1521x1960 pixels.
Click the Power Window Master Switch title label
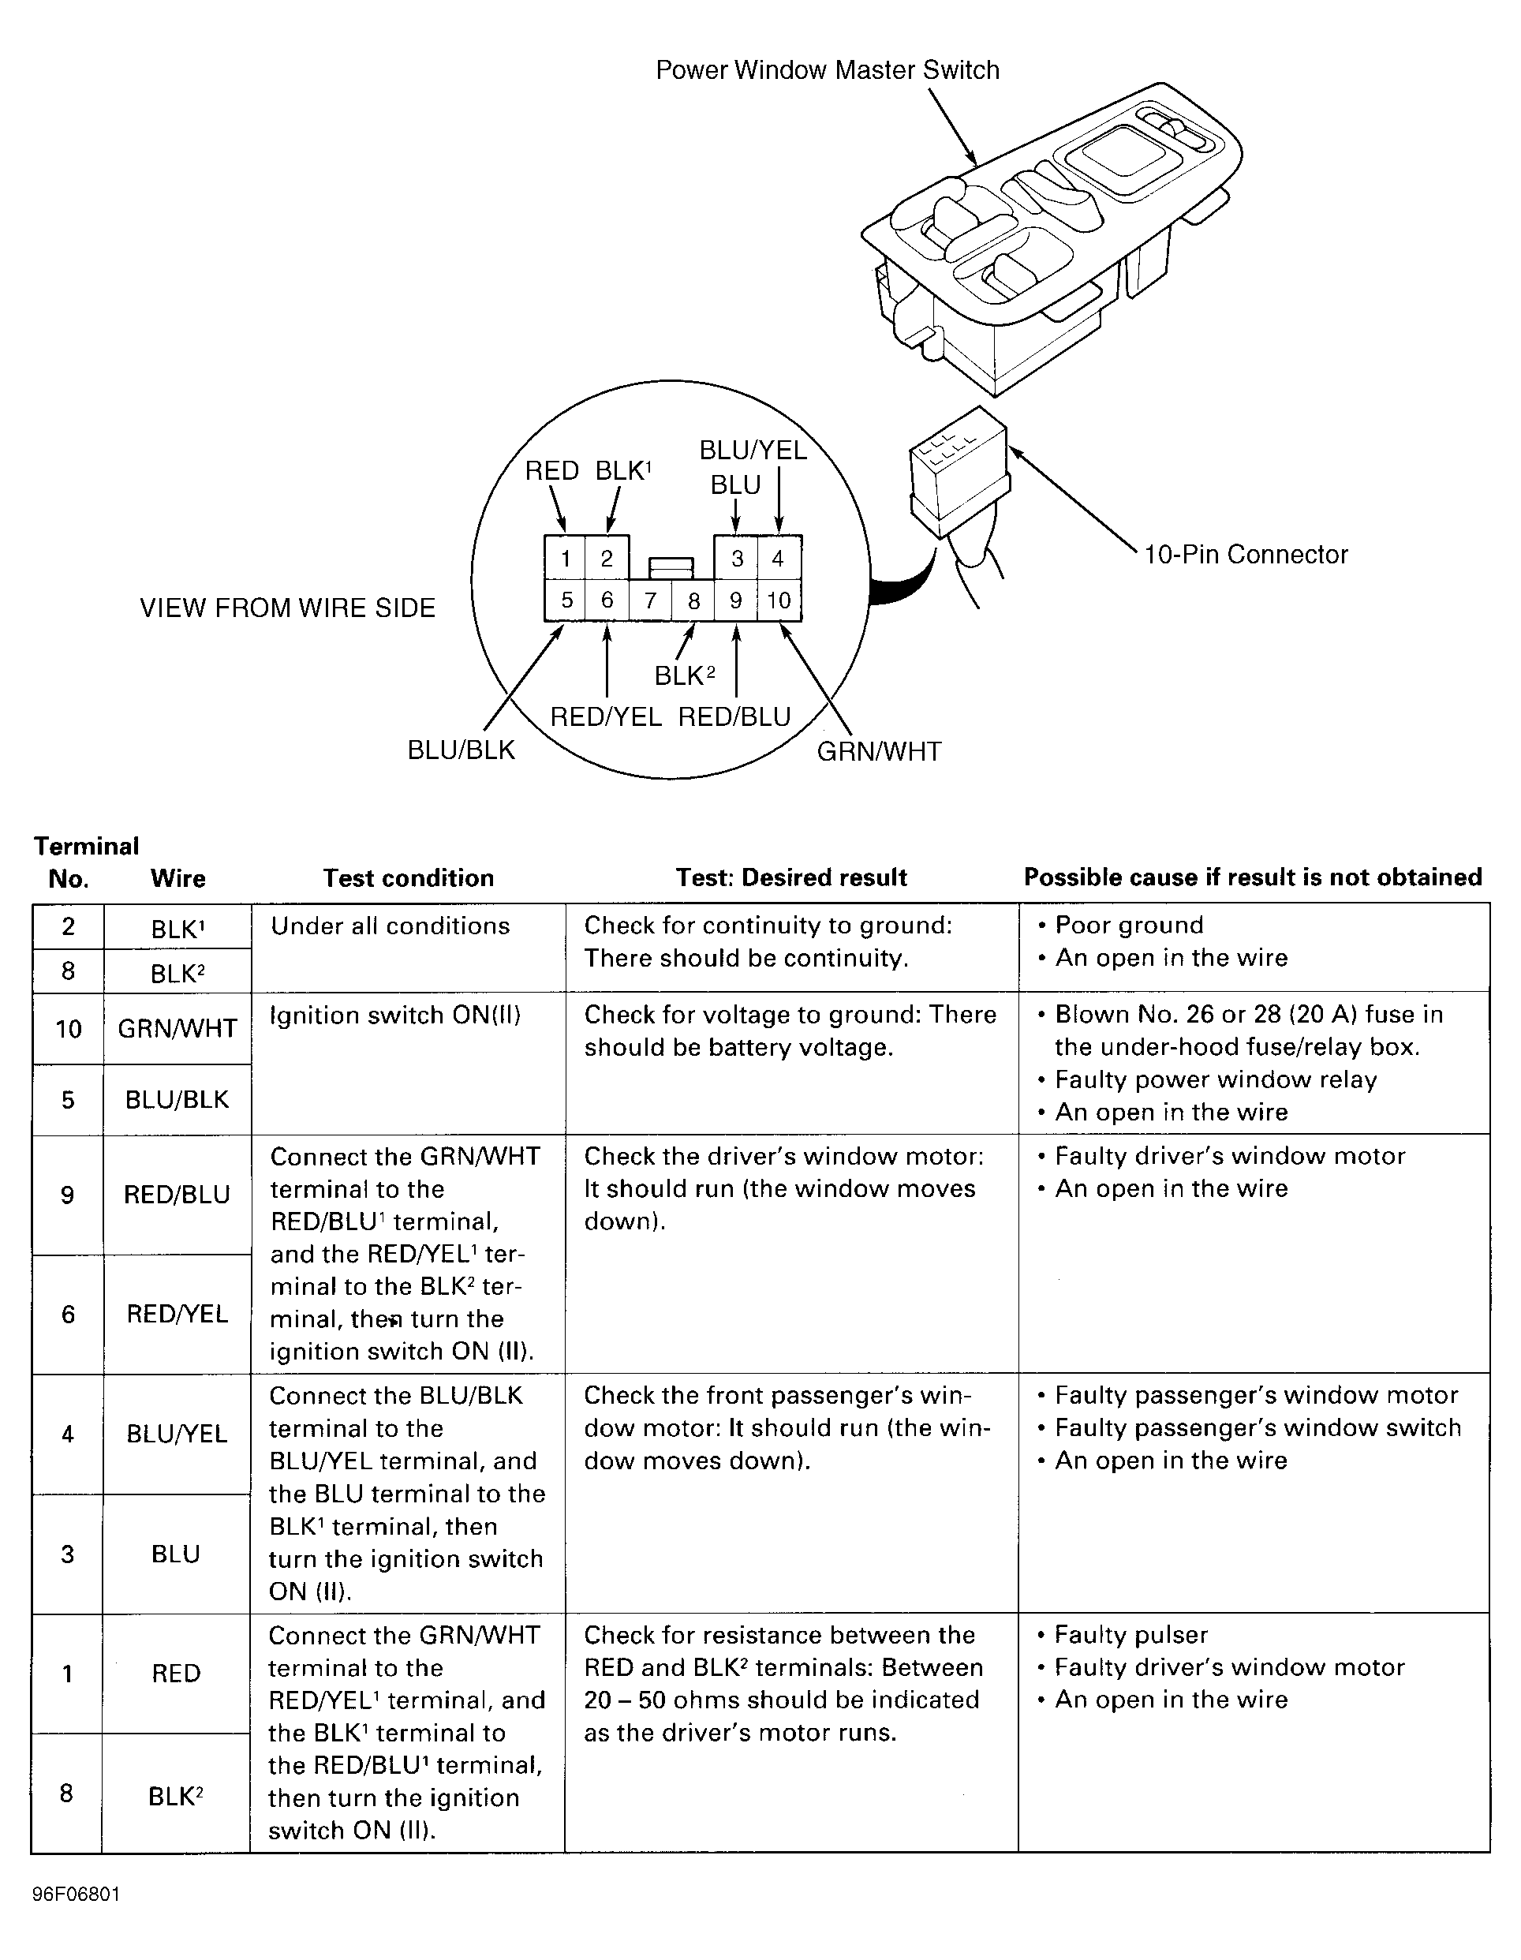click(827, 70)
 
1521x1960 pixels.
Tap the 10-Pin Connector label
click(1245, 555)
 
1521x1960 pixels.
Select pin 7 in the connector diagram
click(651, 600)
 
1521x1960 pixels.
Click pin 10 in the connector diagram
click(778, 600)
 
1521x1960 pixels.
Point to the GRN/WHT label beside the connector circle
click(879, 751)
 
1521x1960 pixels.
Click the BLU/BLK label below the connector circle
click(462, 750)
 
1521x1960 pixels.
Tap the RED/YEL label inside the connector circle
click(606, 716)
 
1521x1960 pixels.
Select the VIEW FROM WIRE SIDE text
click(287, 608)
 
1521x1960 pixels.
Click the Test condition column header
click(409, 877)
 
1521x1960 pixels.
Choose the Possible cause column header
click(1253, 877)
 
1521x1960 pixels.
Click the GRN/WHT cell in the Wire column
click(178, 1028)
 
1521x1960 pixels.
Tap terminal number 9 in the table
click(67, 1195)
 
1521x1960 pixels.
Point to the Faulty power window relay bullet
click(1215, 1079)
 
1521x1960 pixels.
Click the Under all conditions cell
click(391, 926)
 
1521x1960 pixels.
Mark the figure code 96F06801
click(77, 1895)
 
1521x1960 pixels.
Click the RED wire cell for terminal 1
click(176, 1673)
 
